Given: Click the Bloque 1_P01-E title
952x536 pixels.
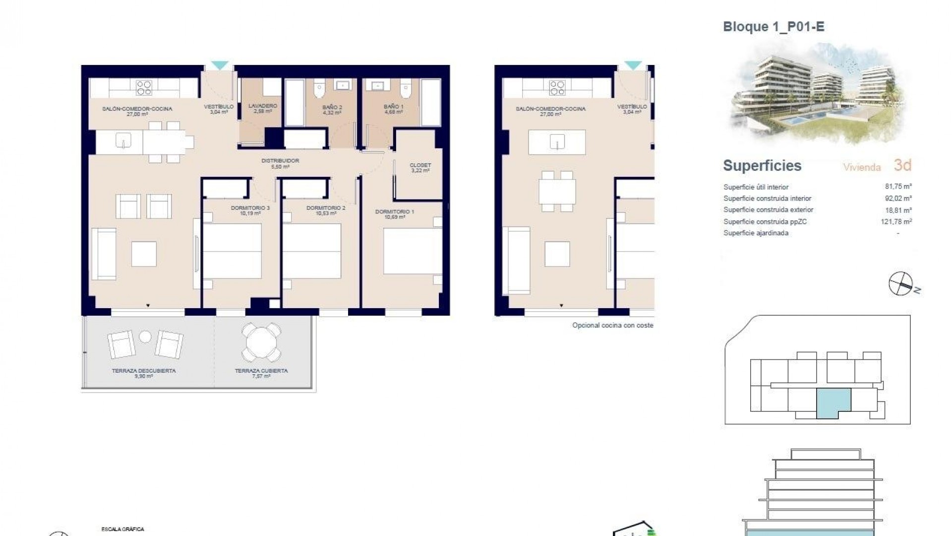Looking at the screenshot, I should (x=773, y=27).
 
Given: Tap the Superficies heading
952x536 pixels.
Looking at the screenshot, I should (x=762, y=166).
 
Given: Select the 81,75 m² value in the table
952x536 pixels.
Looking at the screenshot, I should (x=898, y=187).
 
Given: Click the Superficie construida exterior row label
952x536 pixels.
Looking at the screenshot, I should (x=768, y=210).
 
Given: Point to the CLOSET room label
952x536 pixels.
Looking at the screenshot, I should (x=420, y=165).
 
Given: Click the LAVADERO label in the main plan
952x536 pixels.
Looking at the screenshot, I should (x=262, y=106).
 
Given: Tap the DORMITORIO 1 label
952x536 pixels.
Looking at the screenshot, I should (x=394, y=212).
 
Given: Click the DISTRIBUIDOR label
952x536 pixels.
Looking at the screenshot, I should (x=280, y=161).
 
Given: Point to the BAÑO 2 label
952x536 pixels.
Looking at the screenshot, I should (x=332, y=107).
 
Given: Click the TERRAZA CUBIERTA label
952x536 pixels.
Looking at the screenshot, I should (x=261, y=371).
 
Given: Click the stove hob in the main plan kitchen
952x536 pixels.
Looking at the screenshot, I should (x=144, y=88).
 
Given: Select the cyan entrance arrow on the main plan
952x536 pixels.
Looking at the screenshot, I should (x=220, y=65).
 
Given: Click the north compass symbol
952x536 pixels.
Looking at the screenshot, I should (x=900, y=284).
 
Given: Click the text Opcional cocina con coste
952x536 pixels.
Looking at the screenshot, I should (x=612, y=326).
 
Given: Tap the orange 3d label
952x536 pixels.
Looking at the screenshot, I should (x=902, y=165).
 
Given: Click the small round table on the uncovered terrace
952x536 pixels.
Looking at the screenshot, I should (x=145, y=337).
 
